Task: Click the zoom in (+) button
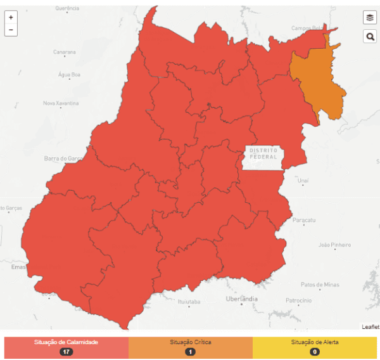(x=11, y=18)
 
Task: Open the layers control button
(x=369, y=18)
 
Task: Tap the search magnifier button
(x=369, y=37)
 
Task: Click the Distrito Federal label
(x=263, y=153)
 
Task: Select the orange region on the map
(x=319, y=79)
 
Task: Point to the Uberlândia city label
(x=241, y=298)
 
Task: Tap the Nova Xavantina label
(x=61, y=103)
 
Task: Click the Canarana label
(x=64, y=52)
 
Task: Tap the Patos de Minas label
(x=319, y=284)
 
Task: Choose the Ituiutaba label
(x=189, y=302)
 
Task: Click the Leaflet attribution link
(x=370, y=326)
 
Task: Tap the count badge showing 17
(x=66, y=352)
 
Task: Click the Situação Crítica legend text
(x=190, y=342)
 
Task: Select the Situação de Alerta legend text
(x=315, y=342)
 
